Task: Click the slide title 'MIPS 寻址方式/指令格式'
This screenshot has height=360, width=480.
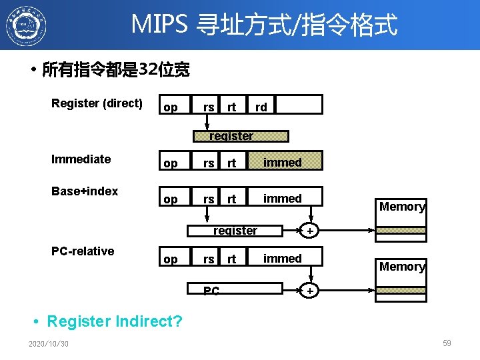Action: (x=264, y=25)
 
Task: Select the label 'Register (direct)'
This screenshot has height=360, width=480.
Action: (x=97, y=103)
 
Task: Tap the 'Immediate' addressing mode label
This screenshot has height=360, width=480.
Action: (x=81, y=159)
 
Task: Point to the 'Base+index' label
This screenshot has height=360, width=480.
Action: (x=85, y=191)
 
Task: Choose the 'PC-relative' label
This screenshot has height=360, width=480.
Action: (x=83, y=251)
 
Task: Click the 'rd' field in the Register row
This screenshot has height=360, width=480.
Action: (x=261, y=107)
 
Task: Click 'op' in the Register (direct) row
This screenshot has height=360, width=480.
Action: (x=171, y=107)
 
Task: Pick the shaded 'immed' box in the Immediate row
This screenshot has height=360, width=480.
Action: (x=284, y=162)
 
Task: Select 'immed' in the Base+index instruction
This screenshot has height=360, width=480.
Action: (x=283, y=198)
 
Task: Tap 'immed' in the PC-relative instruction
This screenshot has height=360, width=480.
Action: (x=283, y=258)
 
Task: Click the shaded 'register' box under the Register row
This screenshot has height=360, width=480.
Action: (x=241, y=136)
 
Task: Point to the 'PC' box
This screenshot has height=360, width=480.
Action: (x=211, y=291)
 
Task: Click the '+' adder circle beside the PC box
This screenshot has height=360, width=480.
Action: (x=309, y=291)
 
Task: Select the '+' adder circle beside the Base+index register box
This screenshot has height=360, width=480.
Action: (x=309, y=231)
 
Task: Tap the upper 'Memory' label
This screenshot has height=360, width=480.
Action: (x=402, y=207)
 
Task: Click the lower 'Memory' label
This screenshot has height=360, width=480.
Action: (x=402, y=267)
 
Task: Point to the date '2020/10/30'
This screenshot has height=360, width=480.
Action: (x=49, y=344)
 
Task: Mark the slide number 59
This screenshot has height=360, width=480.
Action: (x=447, y=343)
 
